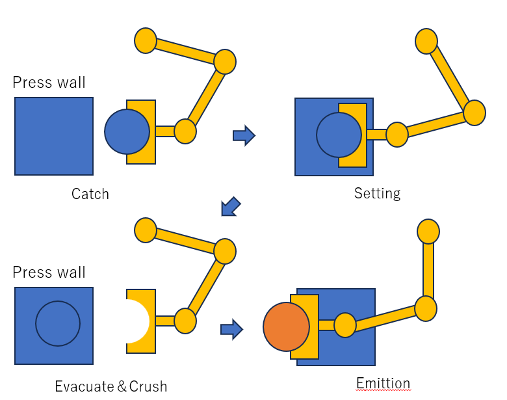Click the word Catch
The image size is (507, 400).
pos(90,194)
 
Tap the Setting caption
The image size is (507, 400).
pos(378,194)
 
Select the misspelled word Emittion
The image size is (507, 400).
pos(383,383)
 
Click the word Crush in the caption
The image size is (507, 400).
pos(148,386)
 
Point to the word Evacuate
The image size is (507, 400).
pos(84,386)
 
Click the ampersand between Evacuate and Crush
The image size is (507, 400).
pos(122,386)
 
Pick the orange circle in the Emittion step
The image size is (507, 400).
pos(286,327)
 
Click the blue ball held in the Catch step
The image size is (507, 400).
pos(127,132)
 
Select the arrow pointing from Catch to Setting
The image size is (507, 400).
pos(244,135)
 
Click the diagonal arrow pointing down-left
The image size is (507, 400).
pos(231,206)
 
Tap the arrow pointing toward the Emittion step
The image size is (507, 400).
pos(232,330)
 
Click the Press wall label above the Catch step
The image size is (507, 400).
pos(49,82)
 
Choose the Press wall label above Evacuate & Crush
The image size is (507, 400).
pos(49,272)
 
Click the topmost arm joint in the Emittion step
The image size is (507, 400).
pos(428,232)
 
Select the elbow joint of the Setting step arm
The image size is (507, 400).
pos(474,113)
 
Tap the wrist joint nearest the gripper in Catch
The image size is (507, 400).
pos(185,131)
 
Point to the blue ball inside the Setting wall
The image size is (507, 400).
pos(339,135)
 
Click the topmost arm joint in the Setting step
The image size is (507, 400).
pos(426,41)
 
